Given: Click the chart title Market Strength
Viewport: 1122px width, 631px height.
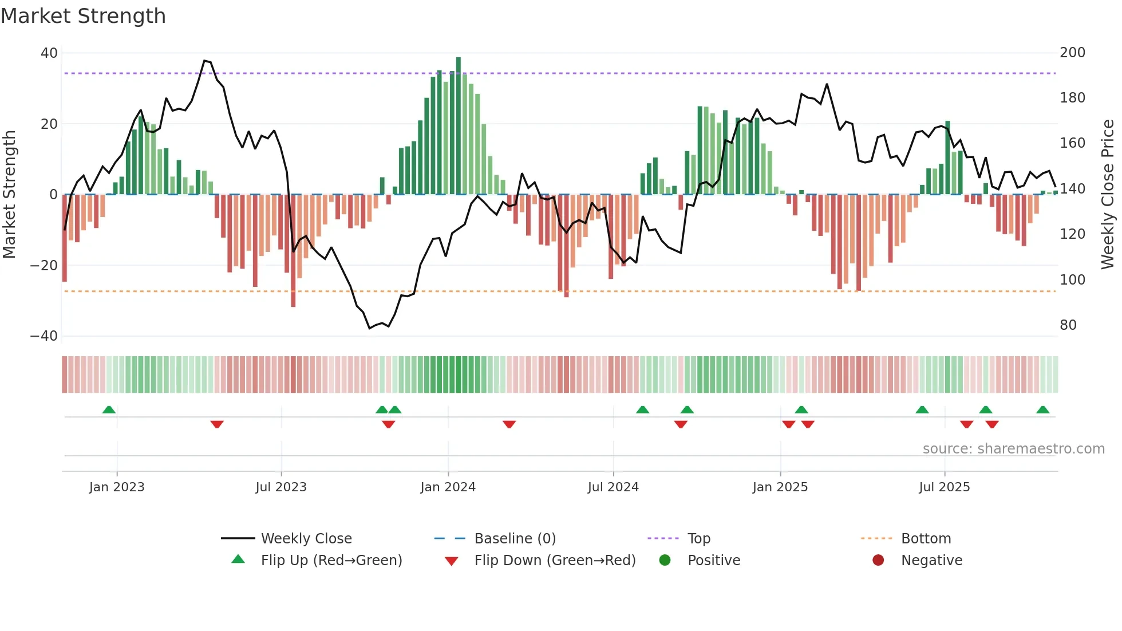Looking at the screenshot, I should click(x=83, y=16).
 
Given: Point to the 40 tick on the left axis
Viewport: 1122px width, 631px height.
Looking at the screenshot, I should click(x=49, y=53).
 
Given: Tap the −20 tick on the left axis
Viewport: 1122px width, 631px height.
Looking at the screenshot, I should click(x=44, y=266).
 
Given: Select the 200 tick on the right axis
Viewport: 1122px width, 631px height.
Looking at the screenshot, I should click(x=1072, y=53).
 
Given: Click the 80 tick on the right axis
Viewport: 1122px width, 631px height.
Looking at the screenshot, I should click(x=1068, y=325).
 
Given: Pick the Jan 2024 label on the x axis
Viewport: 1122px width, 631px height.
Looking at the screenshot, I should click(x=448, y=487).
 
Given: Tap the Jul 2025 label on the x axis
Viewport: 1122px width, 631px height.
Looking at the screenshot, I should click(x=944, y=487).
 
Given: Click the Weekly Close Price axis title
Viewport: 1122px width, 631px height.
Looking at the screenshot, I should click(x=1108, y=195).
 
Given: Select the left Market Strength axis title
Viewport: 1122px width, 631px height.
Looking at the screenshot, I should click(x=9, y=195).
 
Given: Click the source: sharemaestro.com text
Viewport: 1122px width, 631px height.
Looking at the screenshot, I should click(x=1013, y=449).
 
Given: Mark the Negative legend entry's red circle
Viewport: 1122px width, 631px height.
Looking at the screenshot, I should click(x=878, y=560).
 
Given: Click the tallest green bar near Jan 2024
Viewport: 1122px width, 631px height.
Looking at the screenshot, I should click(x=459, y=126).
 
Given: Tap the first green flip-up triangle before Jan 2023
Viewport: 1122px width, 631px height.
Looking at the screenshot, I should click(x=109, y=410).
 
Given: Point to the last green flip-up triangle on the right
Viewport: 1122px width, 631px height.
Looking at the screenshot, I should click(x=1042, y=410).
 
